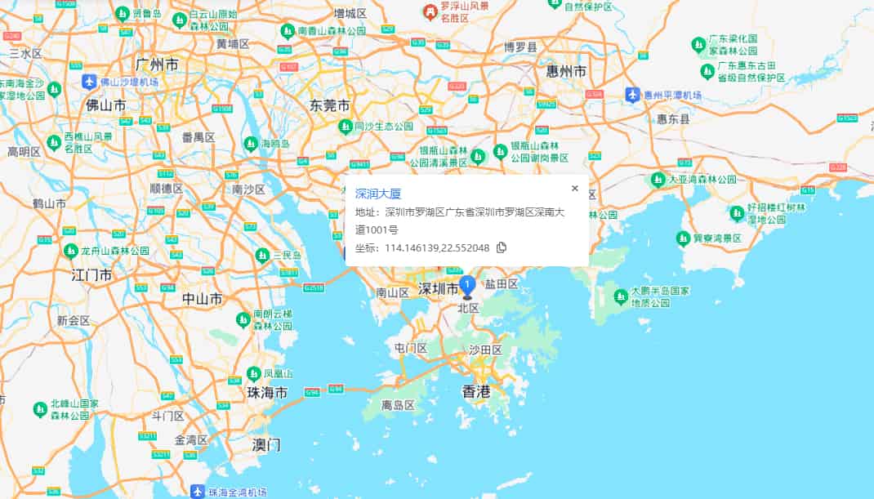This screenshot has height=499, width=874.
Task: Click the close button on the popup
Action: click(574, 189)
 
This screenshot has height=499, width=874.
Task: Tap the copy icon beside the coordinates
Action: click(502, 247)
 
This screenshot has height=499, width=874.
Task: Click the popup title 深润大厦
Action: click(378, 194)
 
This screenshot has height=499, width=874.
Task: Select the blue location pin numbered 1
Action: click(467, 287)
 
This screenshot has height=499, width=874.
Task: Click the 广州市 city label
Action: click(158, 65)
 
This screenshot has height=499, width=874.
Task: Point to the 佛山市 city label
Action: click(106, 105)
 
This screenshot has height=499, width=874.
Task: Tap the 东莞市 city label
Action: click(330, 105)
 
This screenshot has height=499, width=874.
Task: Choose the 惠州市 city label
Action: click(566, 72)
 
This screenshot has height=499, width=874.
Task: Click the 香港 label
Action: click(476, 392)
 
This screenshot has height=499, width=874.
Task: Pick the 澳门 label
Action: click(266, 445)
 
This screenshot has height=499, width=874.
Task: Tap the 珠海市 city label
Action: click(267, 393)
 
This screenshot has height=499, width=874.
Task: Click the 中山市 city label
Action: click(203, 299)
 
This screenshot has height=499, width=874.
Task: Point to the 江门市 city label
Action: click(91, 274)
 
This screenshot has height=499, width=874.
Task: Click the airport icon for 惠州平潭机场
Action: click(632, 95)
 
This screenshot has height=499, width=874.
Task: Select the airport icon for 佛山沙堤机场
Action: click(89, 82)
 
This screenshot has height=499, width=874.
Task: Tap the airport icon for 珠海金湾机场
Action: click(197, 492)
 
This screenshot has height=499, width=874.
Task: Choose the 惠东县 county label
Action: click(673, 119)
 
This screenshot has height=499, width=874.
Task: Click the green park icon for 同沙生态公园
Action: click(346, 127)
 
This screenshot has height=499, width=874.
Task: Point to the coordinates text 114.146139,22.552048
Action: click(437, 247)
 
